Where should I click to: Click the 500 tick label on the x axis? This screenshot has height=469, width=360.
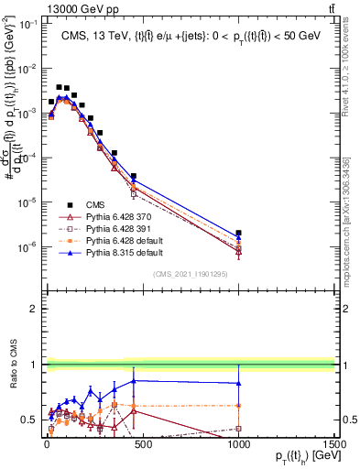[x=143, y=444]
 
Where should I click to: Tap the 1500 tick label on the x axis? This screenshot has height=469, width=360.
[x=333, y=444]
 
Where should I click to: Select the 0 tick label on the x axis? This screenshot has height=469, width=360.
[x=47, y=444]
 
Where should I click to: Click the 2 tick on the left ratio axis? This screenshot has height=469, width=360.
[x=32, y=310]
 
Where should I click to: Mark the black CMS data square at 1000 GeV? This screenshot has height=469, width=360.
[x=238, y=234]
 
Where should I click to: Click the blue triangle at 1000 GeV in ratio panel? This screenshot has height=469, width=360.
[x=238, y=383]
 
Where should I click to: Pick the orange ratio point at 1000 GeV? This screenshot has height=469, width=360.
[x=238, y=405]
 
